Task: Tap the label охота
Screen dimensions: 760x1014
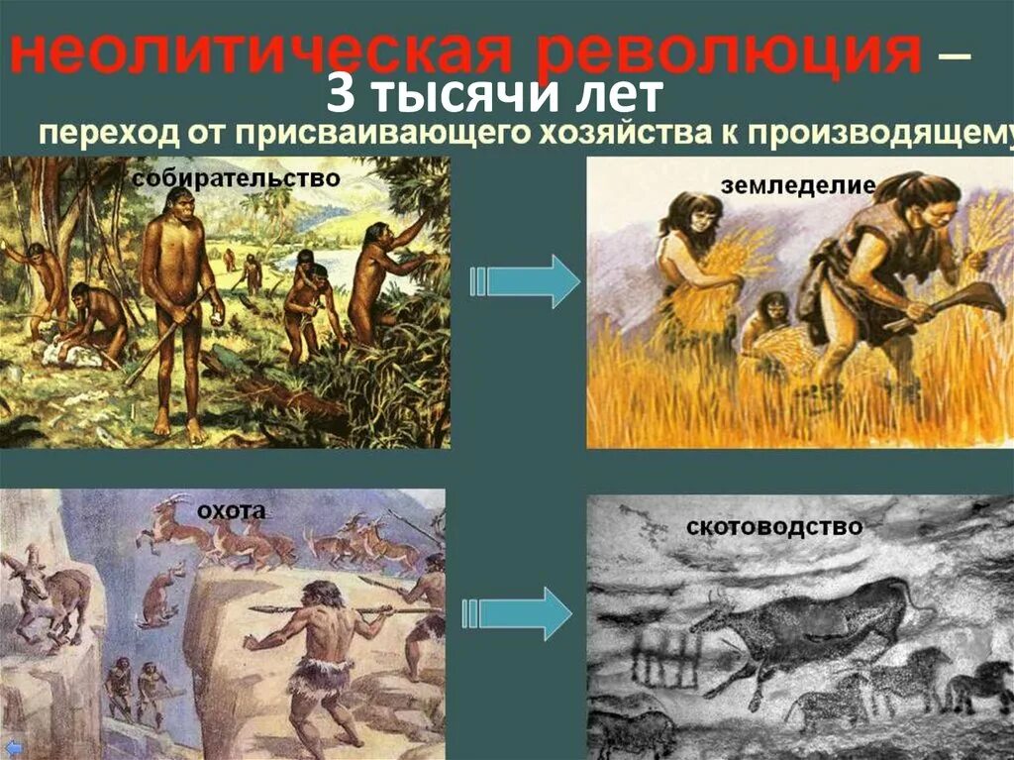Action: [231, 510]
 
